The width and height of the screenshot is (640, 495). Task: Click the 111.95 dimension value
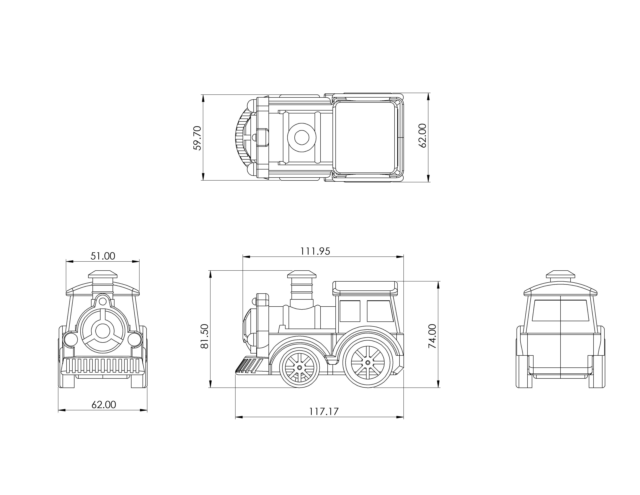315,251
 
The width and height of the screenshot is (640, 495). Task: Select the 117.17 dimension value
324,411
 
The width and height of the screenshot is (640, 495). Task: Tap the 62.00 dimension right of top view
423,136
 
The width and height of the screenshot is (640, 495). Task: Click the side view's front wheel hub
299,367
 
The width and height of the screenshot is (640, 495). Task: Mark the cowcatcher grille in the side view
249,365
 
